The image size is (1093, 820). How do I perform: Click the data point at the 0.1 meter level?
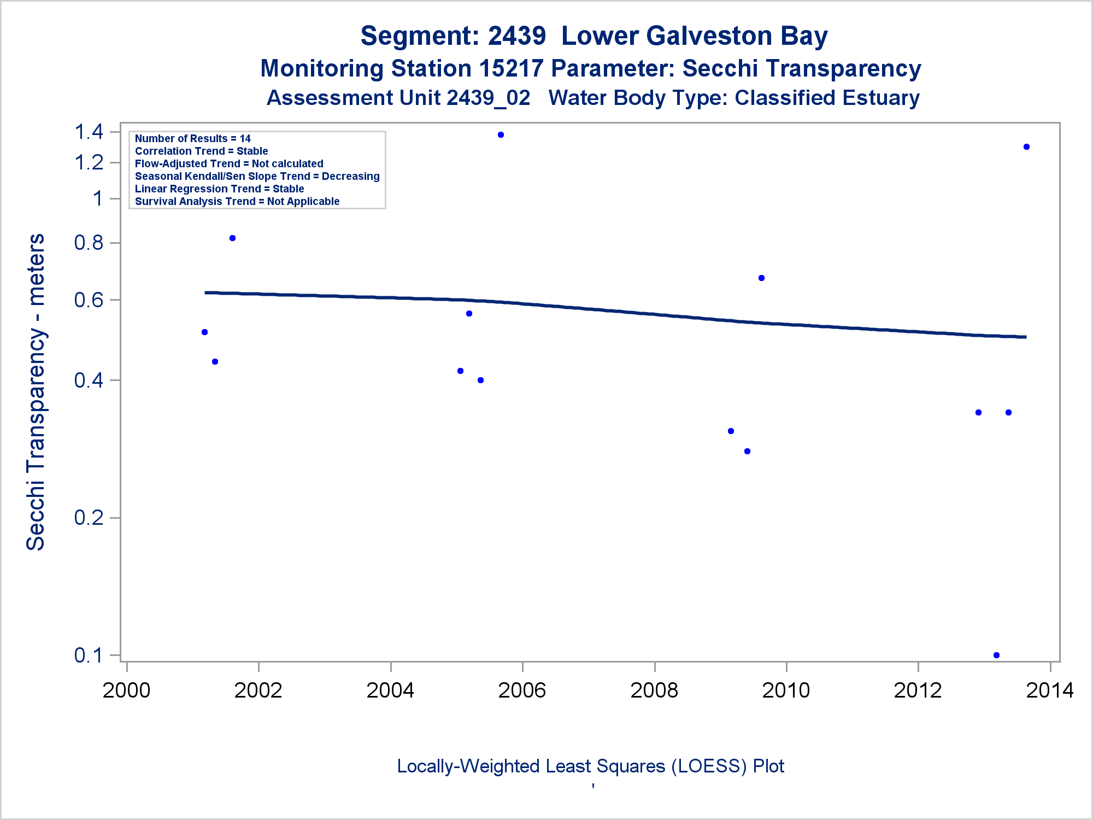tap(996, 655)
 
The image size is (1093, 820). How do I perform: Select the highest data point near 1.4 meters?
tap(501, 135)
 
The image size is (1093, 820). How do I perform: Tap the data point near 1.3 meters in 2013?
tap(1026, 147)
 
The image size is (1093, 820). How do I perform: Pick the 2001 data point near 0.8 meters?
tap(232, 238)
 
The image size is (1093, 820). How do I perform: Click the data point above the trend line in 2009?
tap(761, 278)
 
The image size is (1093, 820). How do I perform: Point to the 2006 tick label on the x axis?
tap(522, 690)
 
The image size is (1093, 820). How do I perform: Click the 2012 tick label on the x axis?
tap(918, 690)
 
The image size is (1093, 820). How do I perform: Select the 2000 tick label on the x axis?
tap(126, 690)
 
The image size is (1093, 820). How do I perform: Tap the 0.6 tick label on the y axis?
tap(89, 300)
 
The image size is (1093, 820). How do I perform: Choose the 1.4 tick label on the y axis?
tap(89, 132)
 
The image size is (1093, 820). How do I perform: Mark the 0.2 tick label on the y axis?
tap(89, 517)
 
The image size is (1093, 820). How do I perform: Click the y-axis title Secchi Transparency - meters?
tap(36, 392)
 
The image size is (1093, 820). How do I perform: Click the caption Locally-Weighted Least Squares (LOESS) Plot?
tap(590, 766)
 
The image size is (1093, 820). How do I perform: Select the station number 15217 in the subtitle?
tap(511, 69)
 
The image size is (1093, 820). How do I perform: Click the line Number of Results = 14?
tap(192, 139)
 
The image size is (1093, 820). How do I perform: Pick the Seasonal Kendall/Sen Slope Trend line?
tap(257, 177)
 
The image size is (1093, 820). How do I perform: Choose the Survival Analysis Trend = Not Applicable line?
tap(237, 202)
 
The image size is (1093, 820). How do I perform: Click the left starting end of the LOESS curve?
tap(206, 293)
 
